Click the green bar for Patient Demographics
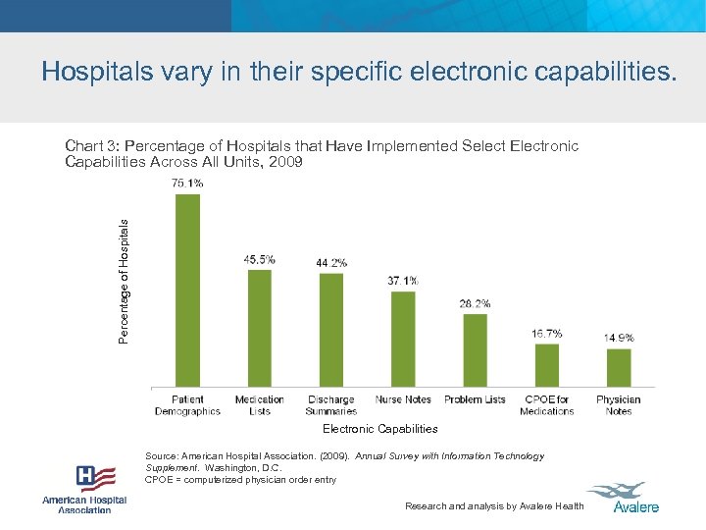[x=187, y=290]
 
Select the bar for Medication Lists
[x=259, y=328]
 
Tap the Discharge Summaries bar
[x=331, y=330]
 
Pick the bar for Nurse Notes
[x=403, y=339]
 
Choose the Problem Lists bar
[x=475, y=349]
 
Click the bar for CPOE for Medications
[x=546, y=364]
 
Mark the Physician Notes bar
[x=619, y=367]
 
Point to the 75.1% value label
[x=187, y=183]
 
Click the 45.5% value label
[x=259, y=259]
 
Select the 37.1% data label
[x=403, y=281]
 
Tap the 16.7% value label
[x=546, y=334]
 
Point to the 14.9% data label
[x=619, y=338]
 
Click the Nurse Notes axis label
[x=403, y=399]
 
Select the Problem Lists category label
[x=475, y=399]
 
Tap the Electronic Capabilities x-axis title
[x=380, y=429]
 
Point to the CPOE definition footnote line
[x=240, y=480]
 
